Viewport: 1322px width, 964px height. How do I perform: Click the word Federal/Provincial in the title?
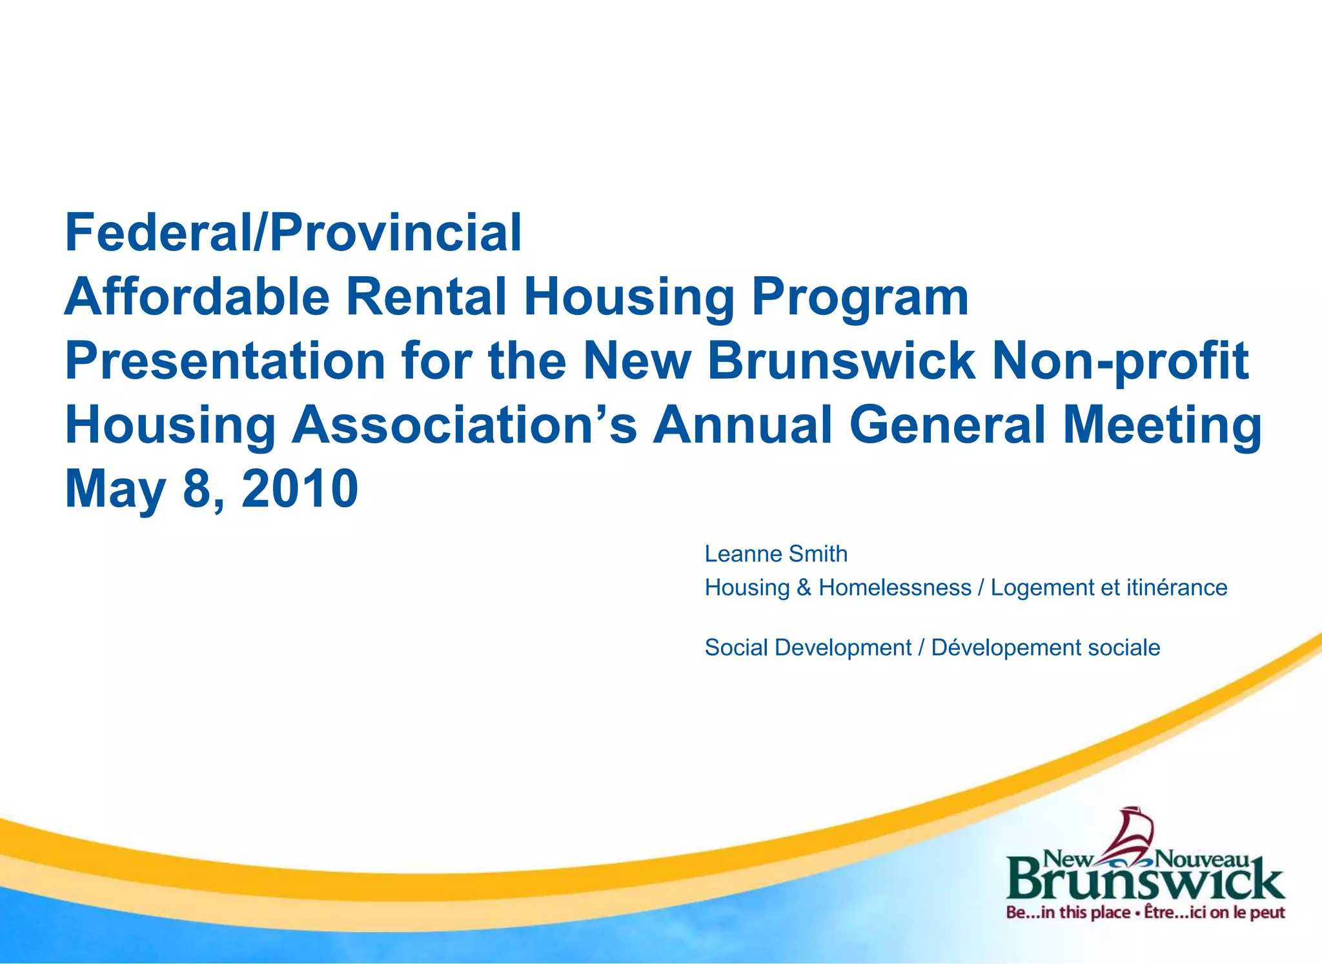click(x=293, y=233)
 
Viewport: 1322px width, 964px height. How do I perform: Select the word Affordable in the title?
click(x=197, y=297)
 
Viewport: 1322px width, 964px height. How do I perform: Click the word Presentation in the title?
click(x=225, y=361)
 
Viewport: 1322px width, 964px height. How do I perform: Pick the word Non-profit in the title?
click(x=1120, y=361)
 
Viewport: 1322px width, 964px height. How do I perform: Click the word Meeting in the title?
click(x=1162, y=426)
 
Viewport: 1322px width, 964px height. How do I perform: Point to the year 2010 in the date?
click(x=300, y=488)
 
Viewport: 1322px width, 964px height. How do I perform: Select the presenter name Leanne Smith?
click(x=776, y=554)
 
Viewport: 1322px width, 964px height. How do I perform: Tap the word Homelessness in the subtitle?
click(x=895, y=587)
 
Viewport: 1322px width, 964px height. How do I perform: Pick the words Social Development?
click(x=808, y=647)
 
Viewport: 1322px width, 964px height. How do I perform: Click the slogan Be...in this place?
click(x=1068, y=913)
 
